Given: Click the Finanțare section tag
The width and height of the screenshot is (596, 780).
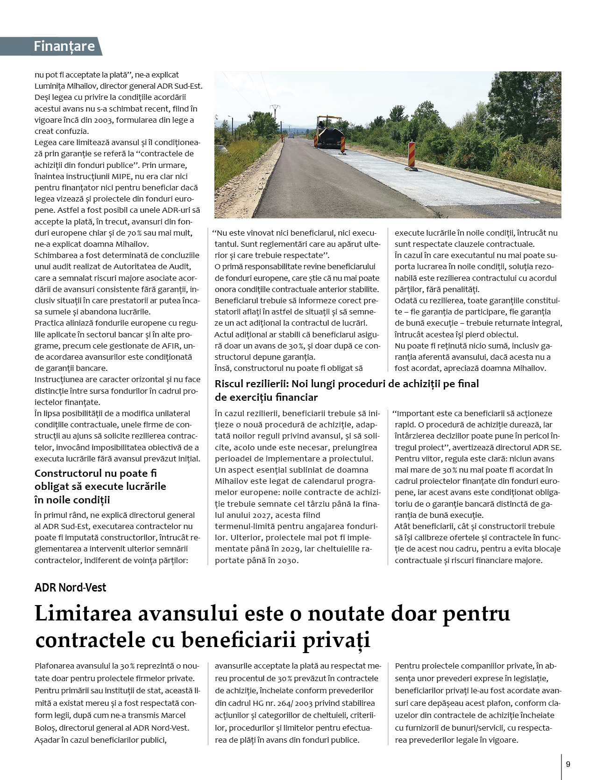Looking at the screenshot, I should click(64, 46).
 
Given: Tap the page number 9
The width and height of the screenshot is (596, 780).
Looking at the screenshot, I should click(568, 764).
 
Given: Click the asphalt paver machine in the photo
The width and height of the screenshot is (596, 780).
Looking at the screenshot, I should click(329, 132).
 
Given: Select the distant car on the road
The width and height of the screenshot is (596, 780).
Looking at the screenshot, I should click(291, 135).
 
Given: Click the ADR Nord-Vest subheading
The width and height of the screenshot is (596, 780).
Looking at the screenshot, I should click(71, 587).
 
